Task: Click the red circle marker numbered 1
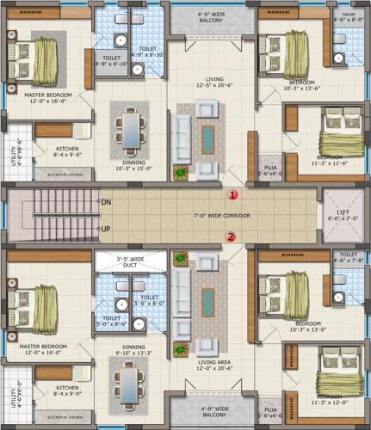coord(232,195)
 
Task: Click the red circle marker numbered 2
coord(230,236)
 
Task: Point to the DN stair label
coord(106,202)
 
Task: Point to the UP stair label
coord(106,230)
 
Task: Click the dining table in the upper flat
coord(130,130)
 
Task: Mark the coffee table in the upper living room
coord(209,137)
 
